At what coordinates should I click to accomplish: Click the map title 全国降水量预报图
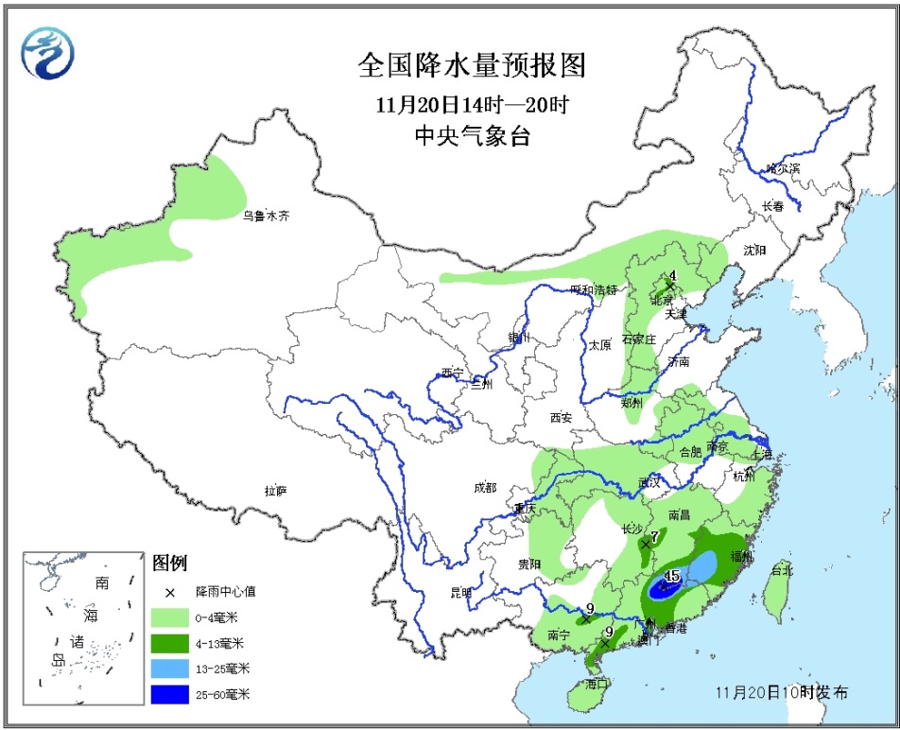[x=472, y=65]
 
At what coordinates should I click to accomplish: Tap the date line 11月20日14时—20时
[x=472, y=103]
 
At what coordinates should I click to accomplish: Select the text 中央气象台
[x=472, y=136]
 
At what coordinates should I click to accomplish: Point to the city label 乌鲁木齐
[x=265, y=216]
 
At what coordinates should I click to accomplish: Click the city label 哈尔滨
[x=783, y=167]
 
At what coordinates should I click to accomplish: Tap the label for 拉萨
[x=275, y=490]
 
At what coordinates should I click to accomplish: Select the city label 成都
[x=484, y=488]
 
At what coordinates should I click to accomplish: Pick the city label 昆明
[x=459, y=592]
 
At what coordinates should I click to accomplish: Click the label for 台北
[x=781, y=570]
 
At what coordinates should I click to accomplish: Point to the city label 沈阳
[x=753, y=251]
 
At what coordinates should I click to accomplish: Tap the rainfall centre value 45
[x=673, y=575]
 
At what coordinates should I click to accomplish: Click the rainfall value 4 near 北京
[x=672, y=275]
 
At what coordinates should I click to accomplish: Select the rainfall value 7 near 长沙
[x=654, y=535]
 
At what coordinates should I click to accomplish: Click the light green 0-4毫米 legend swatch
[x=172, y=617]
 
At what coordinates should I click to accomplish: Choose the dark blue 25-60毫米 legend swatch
[x=172, y=694]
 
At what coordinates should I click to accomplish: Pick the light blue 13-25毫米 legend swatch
[x=172, y=669]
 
